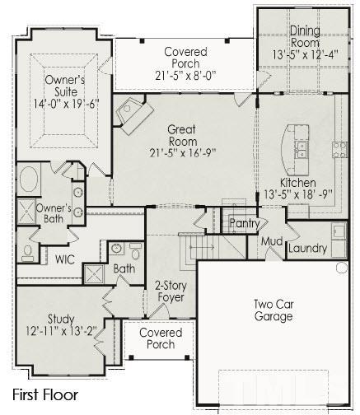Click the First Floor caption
[45, 395]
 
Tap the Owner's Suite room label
[65, 86]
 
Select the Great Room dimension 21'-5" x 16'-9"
[183, 153]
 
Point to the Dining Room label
[305, 36]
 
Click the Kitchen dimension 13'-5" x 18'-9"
[298, 194]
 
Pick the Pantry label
[245, 224]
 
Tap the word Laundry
[308, 249]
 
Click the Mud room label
[272, 241]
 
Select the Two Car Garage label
[274, 310]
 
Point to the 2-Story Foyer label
[171, 291]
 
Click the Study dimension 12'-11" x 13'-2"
[61, 331]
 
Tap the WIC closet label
[65, 259]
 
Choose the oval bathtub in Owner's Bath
[29, 180]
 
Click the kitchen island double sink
[301, 150]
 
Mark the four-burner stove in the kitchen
[340, 150]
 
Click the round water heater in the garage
[342, 268]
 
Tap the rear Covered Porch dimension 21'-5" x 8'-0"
[185, 76]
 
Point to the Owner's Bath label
[54, 213]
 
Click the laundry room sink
[339, 231]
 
